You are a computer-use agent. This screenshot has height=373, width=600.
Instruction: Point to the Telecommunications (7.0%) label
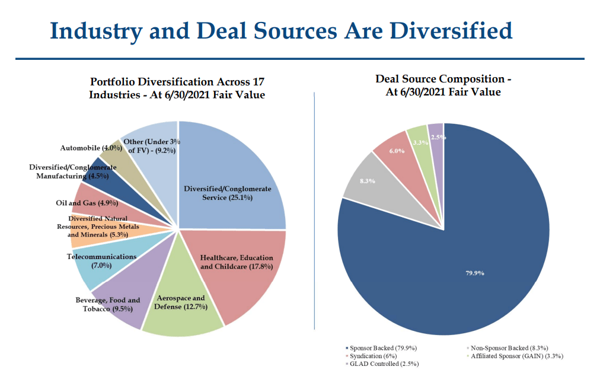(x=101, y=261)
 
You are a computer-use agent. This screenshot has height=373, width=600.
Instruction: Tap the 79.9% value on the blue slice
(x=475, y=273)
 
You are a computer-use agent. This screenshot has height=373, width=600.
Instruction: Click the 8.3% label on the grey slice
(x=368, y=181)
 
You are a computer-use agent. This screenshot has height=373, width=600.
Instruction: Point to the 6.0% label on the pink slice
(x=397, y=151)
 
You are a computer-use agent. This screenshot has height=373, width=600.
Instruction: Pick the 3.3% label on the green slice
(x=420, y=142)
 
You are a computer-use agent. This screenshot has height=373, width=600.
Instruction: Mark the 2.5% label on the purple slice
(x=438, y=138)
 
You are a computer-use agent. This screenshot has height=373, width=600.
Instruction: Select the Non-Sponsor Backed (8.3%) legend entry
(x=509, y=348)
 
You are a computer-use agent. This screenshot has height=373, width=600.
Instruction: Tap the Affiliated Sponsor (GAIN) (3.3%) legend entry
(x=516, y=356)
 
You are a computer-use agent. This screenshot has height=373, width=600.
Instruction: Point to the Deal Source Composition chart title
(x=443, y=85)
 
